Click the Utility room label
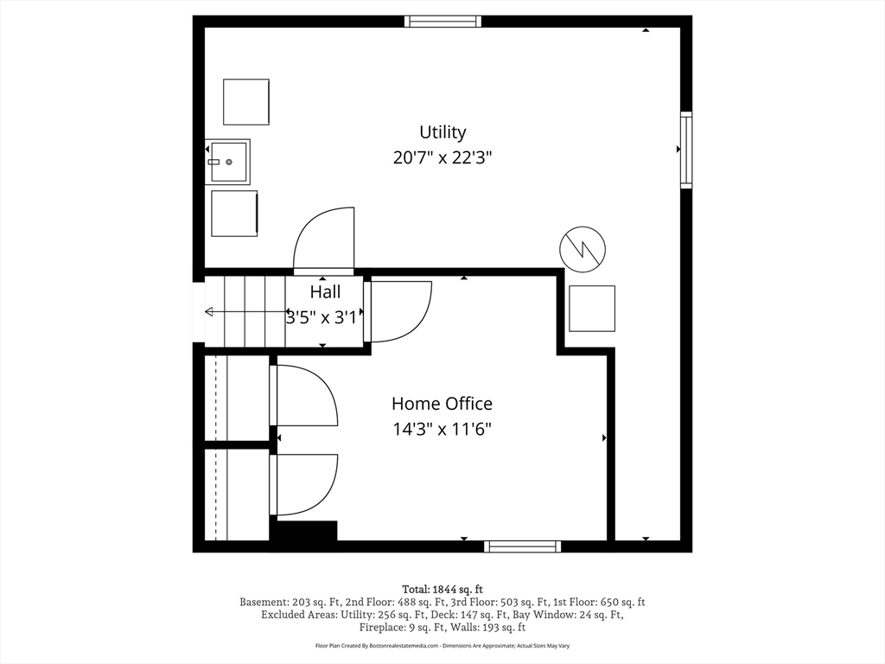(x=442, y=132)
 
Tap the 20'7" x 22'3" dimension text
(x=442, y=158)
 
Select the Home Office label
(x=442, y=404)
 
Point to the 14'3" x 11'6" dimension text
(x=442, y=429)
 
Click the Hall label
(x=325, y=292)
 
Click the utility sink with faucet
(x=228, y=162)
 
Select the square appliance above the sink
(x=246, y=102)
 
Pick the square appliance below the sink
(x=235, y=213)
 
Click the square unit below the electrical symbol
(x=592, y=309)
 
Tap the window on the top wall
(x=443, y=22)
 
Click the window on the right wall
(x=685, y=150)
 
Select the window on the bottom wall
(x=522, y=546)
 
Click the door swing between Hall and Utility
(x=325, y=240)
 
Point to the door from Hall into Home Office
(x=398, y=311)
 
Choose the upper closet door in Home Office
(x=305, y=396)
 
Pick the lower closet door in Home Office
(x=305, y=485)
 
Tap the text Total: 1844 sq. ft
(x=442, y=589)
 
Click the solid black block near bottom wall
(x=304, y=531)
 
